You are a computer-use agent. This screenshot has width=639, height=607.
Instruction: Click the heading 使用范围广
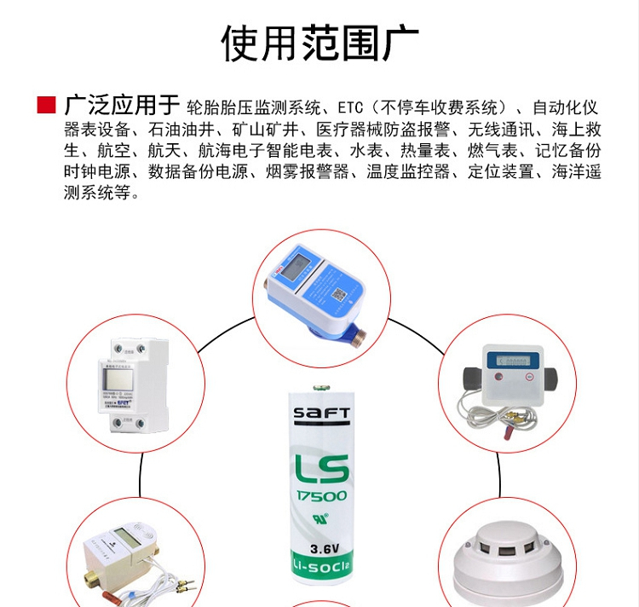click(x=319, y=43)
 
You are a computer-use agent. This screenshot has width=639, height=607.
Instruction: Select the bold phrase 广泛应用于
click(x=119, y=107)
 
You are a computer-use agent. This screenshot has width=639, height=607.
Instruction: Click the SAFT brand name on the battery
click(x=321, y=414)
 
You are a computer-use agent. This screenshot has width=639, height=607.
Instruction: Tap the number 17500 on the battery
click(x=321, y=496)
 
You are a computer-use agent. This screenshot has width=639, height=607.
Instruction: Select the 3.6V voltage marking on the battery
click(x=321, y=547)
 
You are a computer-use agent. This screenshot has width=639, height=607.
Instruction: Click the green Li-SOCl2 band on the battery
click(x=321, y=567)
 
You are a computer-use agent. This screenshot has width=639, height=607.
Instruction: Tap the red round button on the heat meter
click(x=528, y=376)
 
